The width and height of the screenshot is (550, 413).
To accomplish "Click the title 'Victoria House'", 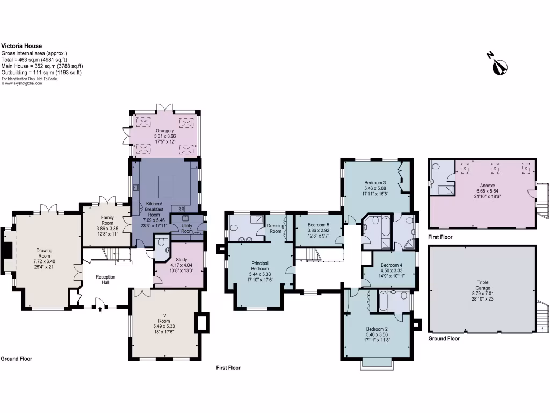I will click(x=21, y=46).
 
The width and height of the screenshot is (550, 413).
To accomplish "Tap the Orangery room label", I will click(x=165, y=131).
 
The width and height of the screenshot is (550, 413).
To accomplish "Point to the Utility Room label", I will click(x=186, y=229).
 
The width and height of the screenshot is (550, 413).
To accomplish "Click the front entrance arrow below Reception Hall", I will click(x=100, y=308).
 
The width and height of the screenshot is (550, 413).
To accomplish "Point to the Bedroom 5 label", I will click(x=319, y=225).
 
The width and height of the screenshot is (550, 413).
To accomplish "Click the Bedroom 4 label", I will click(x=392, y=265).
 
